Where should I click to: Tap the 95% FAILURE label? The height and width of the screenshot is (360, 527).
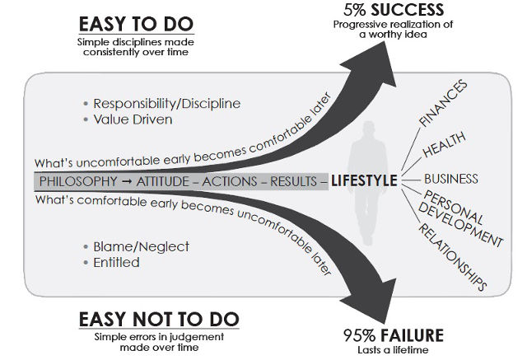(x=393, y=334)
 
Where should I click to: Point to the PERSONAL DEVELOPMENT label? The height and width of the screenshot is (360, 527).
(x=462, y=218)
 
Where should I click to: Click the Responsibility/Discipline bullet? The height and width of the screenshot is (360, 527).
(x=166, y=104)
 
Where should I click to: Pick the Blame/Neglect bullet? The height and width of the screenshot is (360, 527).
(x=141, y=246)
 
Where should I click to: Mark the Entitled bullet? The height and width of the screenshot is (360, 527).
(x=116, y=263)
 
